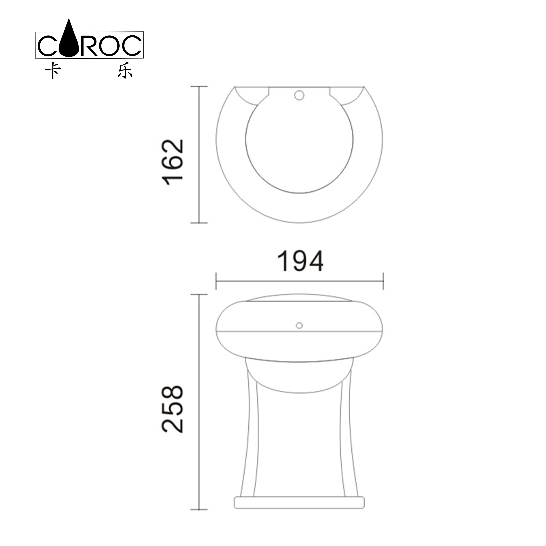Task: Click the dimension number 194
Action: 300,261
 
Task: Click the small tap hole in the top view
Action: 299,95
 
